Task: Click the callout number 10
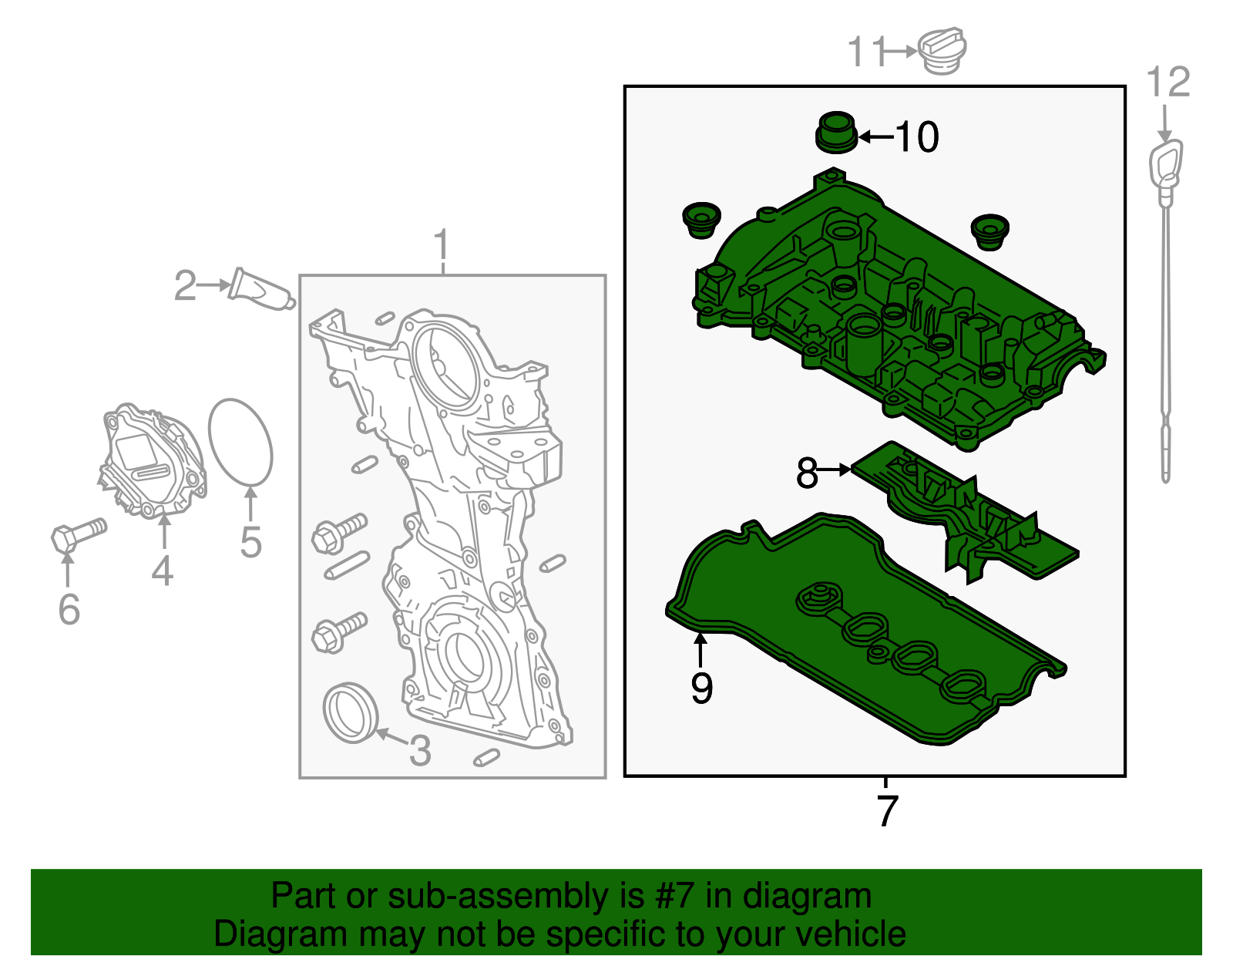[917, 137]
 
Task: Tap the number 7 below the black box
[887, 810]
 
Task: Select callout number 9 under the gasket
[701, 688]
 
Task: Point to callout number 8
[807, 473]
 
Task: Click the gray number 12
[1168, 82]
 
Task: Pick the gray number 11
[865, 52]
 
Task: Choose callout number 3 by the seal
[419, 750]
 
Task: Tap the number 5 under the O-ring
[251, 542]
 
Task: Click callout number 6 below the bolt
[69, 609]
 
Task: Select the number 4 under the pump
[162, 571]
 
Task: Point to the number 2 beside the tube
[185, 286]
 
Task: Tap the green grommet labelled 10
[835, 132]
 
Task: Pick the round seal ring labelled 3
[351, 712]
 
